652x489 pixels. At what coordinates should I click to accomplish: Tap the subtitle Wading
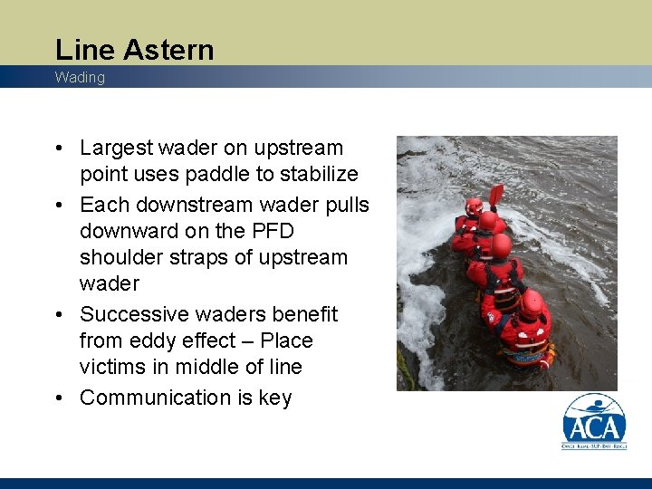[x=80, y=78]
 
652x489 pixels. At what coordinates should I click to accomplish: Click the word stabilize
[x=319, y=174]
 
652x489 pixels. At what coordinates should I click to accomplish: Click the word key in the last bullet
[x=275, y=398]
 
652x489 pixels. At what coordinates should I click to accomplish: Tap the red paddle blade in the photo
[x=495, y=194]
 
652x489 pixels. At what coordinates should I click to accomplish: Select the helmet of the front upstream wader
[x=474, y=206]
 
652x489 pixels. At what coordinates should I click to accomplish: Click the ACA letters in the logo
[x=594, y=427]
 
